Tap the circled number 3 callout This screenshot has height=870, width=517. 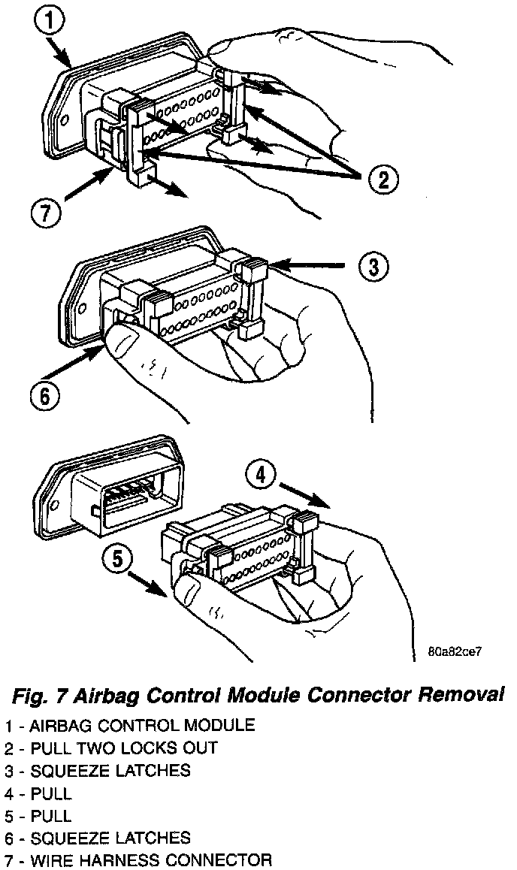(373, 266)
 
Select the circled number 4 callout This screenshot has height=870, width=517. (260, 476)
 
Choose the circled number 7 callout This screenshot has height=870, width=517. (44, 214)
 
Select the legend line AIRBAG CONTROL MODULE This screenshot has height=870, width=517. (129, 726)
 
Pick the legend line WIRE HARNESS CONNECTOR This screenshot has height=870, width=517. (137, 860)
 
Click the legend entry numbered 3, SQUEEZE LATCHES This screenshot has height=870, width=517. (97, 771)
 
